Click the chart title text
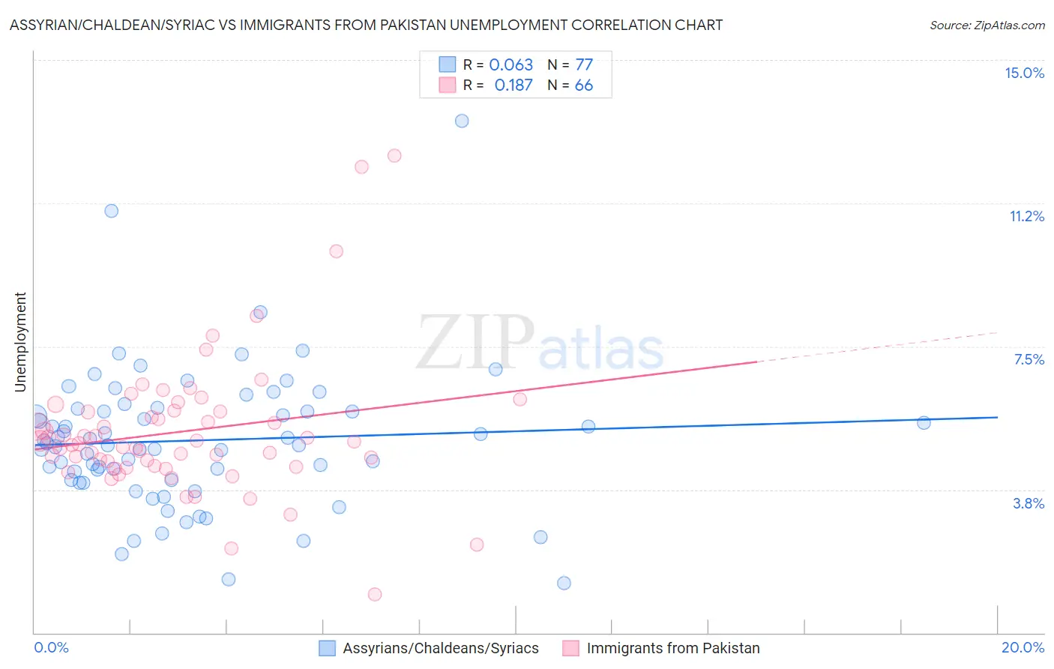tap(366, 25)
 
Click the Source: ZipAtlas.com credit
tap(987, 25)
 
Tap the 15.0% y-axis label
tap(1024, 73)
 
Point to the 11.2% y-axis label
tap(1026, 216)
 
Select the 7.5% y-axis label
tap(1029, 359)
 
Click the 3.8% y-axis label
tap(1029, 503)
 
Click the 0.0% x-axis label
tap(51, 647)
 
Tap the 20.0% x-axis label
tap(1023, 647)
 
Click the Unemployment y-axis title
tap(20, 342)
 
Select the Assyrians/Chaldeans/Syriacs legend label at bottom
tap(440, 648)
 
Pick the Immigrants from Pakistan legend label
tap(672, 648)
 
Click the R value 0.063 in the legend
tap(511, 65)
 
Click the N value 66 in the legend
tap(583, 85)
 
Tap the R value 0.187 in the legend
tap(513, 85)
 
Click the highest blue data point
tap(462, 121)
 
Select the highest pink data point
tap(394, 156)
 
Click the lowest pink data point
tap(375, 594)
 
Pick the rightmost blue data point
tap(924, 423)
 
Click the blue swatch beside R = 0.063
tap(447, 64)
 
